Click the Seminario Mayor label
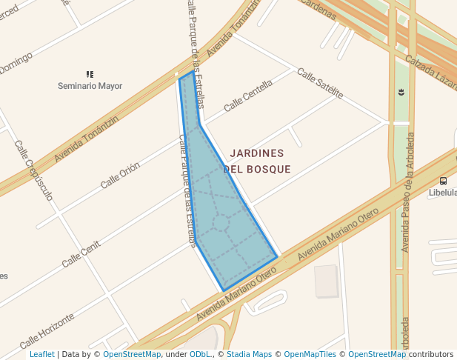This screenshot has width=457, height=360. pyautogui.click(x=90, y=86)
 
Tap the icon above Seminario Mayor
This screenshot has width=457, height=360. pyautogui.click(x=90, y=74)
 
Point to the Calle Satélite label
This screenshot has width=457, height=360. pyautogui.click(x=321, y=83)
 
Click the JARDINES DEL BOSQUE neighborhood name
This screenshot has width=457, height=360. pyautogui.click(x=257, y=161)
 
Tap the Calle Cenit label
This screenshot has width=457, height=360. pyautogui.click(x=81, y=253)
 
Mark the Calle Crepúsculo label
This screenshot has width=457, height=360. pyautogui.click(x=33, y=171)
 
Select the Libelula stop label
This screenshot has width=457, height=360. pyautogui.click(x=443, y=193)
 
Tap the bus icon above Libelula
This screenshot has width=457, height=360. pyautogui.click(x=443, y=181)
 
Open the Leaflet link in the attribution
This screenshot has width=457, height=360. pyautogui.click(x=41, y=355)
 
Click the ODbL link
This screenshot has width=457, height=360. pyautogui.click(x=200, y=355)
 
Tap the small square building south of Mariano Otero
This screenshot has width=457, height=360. pyautogui.click(x=325, y=281)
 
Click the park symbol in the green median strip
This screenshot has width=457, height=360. pyautogui.click(x=401, y=92)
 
